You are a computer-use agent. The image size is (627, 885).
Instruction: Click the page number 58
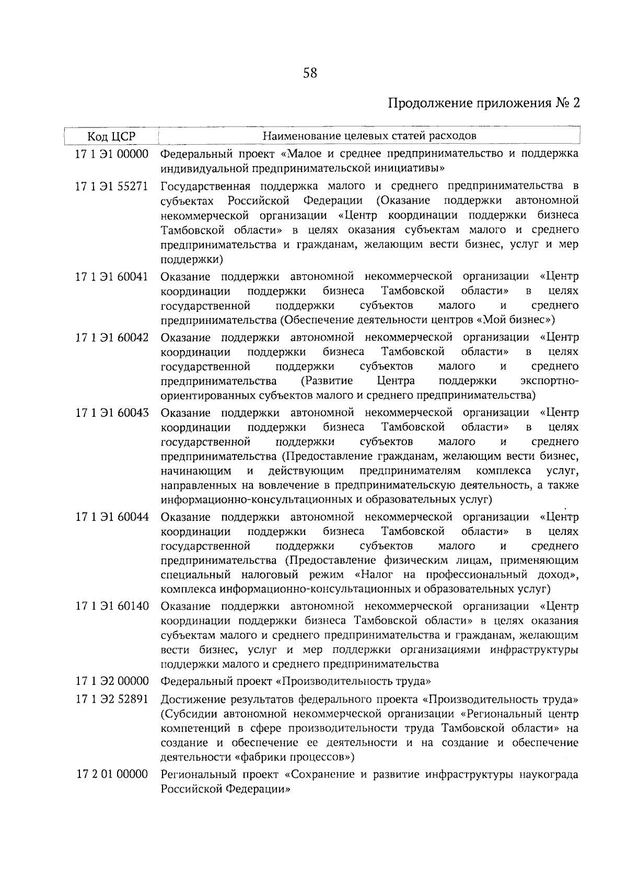(x=310, y=73)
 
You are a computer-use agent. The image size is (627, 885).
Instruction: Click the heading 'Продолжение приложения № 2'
(x=484, y=102)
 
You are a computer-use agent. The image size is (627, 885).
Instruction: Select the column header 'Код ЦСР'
(x=111, y=137)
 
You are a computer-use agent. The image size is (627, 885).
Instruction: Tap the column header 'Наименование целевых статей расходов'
(x=369, y=136)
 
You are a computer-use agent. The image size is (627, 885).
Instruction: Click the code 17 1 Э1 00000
(x=112, y=154)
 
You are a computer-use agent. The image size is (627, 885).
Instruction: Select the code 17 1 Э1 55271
(x=112, y=186)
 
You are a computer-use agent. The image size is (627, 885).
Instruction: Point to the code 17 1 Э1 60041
(x=112, y=276)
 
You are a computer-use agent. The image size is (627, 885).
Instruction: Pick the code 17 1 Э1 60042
(x=112, y=337)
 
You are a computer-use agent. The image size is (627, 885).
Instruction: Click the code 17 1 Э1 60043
(x=112, y=413)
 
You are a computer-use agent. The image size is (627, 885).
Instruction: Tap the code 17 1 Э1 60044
(x=112, y=517)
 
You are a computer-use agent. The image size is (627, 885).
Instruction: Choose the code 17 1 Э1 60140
(x=112, y=607)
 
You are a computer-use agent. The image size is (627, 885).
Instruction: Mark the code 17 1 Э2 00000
(x=112, y=681)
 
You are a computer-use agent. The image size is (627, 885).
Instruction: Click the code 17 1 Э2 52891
(x=112, y=699)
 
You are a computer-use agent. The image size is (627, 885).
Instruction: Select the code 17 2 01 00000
(x=112, y=774)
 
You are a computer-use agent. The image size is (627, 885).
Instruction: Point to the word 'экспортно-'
(x=549, y=380)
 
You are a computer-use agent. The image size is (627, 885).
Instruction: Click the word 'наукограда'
(x=548, y=774)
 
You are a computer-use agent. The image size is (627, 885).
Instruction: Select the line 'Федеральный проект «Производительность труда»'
(x=296, y=681)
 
